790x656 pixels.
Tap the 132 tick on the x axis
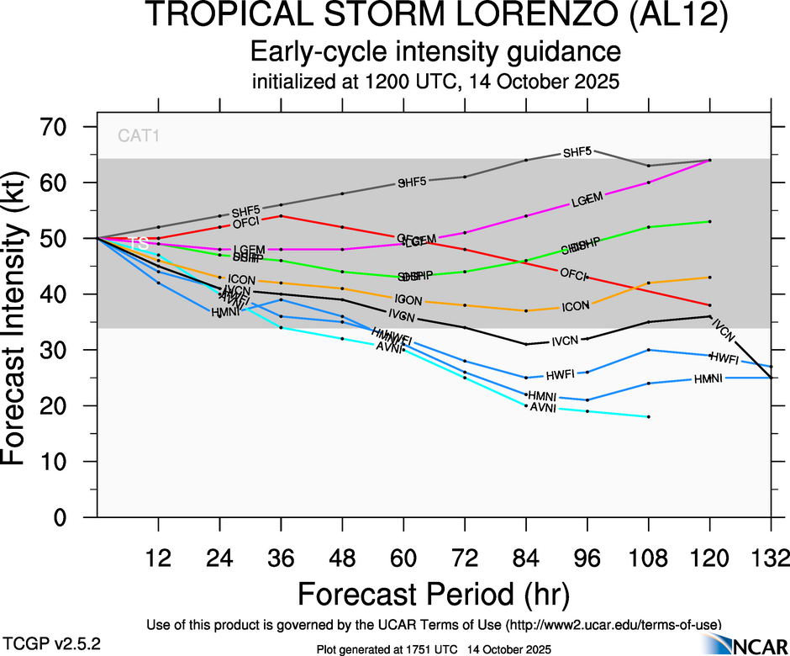click(772, 558)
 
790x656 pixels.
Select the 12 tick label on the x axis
click(158, 558)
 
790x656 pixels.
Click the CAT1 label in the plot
click(138, 135)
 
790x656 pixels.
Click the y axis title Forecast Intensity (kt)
click(23, 322)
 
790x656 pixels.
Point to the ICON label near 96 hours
click(575, 307)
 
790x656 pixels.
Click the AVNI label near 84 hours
click(541, 408)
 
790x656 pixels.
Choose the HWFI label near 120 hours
click(724, 358)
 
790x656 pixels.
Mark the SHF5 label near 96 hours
click(577, 152)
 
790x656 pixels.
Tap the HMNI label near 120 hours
click(708, 379)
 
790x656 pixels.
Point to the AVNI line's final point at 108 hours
click(649, 417)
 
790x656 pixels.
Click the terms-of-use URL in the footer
click(611, 625)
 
